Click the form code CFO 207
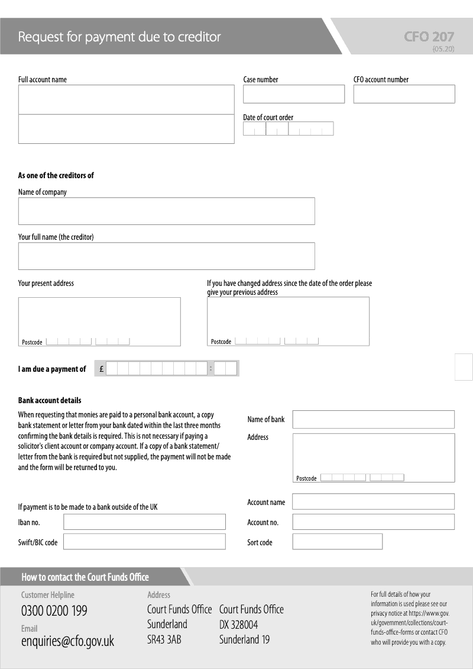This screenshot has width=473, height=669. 429,37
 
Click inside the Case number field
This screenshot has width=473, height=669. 293,94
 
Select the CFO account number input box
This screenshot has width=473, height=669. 404,94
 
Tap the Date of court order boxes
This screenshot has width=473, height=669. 288,128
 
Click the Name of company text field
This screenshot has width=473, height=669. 166,211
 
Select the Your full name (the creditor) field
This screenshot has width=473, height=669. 166,256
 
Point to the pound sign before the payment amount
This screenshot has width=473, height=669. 102,369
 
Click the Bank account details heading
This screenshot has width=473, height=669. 50,400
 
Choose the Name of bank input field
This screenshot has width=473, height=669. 373,419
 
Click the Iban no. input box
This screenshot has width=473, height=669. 144,522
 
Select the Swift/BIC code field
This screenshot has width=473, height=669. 144,542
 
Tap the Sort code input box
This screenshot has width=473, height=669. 337,542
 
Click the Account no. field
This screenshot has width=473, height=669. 373,522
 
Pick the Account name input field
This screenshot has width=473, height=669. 373,501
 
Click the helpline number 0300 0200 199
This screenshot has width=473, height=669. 54,611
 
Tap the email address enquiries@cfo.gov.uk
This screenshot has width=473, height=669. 67,641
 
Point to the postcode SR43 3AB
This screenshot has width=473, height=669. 164,639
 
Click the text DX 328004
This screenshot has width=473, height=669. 238,625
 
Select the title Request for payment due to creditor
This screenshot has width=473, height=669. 119,37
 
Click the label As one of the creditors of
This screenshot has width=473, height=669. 56,175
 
